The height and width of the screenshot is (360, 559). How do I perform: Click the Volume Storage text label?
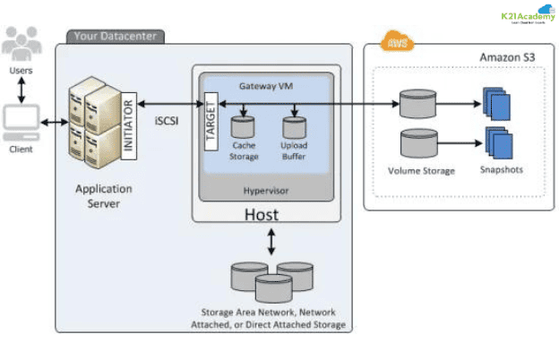pos(421,169)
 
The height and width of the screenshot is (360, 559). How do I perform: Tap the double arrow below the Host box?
pos(270,239)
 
